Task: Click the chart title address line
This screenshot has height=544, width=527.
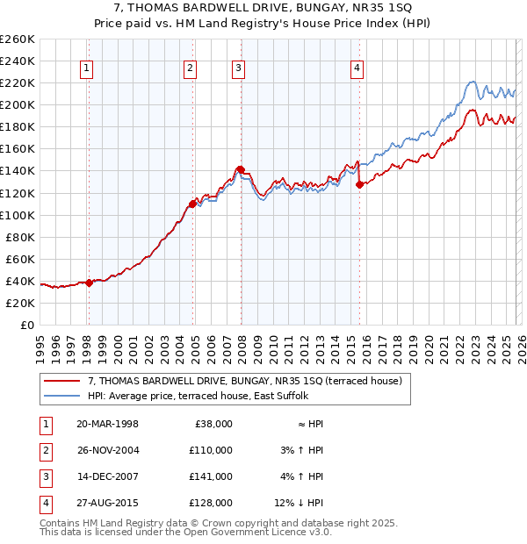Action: tap(263, 8)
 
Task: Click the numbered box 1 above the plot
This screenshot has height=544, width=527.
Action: tap(89, 68)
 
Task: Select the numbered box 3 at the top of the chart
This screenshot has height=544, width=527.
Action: tap(239, 68)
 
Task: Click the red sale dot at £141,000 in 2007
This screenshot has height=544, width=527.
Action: tap(240, 169)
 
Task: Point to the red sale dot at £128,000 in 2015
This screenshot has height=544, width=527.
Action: tap(359, 184)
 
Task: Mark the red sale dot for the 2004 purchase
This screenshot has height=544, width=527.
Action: tap(192, 204)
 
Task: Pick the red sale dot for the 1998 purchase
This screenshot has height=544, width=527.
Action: tap(89, 283)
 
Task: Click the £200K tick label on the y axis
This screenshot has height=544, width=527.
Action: tap(18, 104)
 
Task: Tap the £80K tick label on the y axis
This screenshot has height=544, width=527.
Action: tap(20, 237)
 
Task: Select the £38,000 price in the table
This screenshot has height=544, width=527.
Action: tap(213, 423)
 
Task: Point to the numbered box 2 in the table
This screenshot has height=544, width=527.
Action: tap(45, 450)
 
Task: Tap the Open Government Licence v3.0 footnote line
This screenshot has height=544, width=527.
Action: tap(185, 532)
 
